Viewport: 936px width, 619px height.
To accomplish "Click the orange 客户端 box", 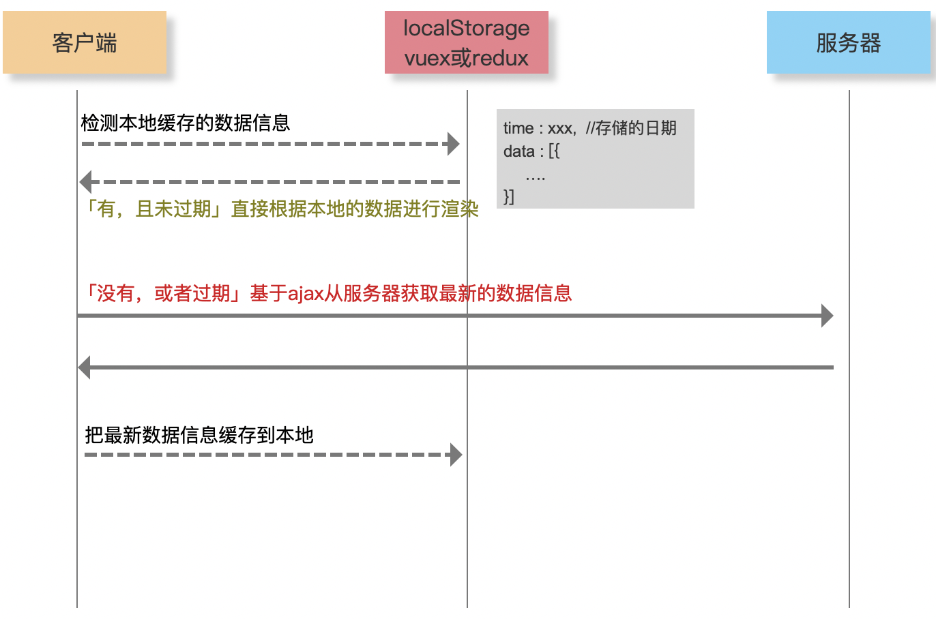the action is point(85,42).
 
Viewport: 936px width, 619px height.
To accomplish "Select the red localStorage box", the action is point(467,42).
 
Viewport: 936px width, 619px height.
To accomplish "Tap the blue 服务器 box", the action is point(849,42).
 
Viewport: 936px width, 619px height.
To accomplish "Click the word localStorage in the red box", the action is point(467,29).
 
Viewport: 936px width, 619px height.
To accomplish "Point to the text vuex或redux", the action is point(467,58).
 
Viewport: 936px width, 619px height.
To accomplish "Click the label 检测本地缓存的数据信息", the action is point(185,123).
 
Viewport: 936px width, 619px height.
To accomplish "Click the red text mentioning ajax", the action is point(327,292).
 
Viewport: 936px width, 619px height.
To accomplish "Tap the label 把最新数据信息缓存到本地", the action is point(199,435).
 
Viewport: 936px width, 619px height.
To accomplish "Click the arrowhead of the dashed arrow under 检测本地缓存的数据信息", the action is point(454,144).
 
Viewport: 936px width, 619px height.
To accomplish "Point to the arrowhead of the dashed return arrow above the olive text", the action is point(85,182).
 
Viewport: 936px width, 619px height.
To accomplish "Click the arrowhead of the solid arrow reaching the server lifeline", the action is point(828,316).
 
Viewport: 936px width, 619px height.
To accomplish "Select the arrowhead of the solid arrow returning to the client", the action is point(84,367).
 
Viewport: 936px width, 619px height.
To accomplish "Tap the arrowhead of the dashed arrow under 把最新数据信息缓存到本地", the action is point(456,455).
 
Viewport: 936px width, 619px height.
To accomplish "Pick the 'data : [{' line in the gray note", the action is point(531,151).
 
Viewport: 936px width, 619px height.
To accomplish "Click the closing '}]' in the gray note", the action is point(508,196).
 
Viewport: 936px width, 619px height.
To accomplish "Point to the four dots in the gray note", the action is point(536,179).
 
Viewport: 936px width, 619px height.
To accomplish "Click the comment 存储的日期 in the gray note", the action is point(636,127).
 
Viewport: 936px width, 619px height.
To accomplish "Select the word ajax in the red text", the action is point(306,294).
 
